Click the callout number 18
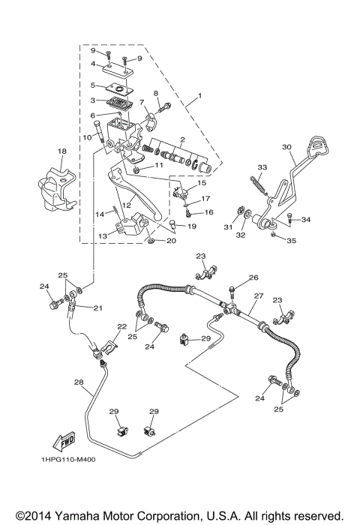click(62, 151)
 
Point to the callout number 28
click(78, 382)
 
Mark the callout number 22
click(121, 326)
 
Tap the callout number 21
click(97, 307)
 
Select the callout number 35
click(292, 241)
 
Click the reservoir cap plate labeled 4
click(119, 70)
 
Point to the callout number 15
click(201, 183)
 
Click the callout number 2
click(181, 139)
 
